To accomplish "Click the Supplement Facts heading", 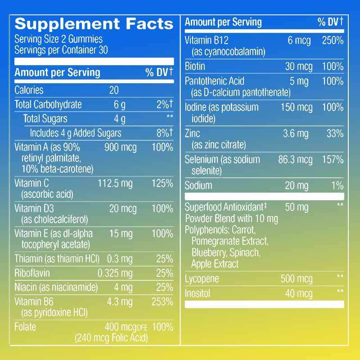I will click(x=94, y=24).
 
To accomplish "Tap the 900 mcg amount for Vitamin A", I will click(x=120, y=148).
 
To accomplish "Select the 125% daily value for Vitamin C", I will click(x=162, y=184).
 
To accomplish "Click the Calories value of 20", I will click(x=114, y=90).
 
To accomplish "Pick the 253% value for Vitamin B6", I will click(x=162, y=302).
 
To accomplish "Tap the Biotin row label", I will click(x=195, y=67).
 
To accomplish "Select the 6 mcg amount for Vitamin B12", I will click(x=299, y=40).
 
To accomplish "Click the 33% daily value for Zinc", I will click(x=335, y=134).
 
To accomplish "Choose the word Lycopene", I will click(x=202, y=279).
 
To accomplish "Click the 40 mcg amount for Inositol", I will click(x=299, y=294).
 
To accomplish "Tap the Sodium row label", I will click(x=198, y=185).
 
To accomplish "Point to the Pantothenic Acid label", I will click(x=215, y=81).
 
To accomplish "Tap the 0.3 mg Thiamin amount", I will click(x=120, y=259).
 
